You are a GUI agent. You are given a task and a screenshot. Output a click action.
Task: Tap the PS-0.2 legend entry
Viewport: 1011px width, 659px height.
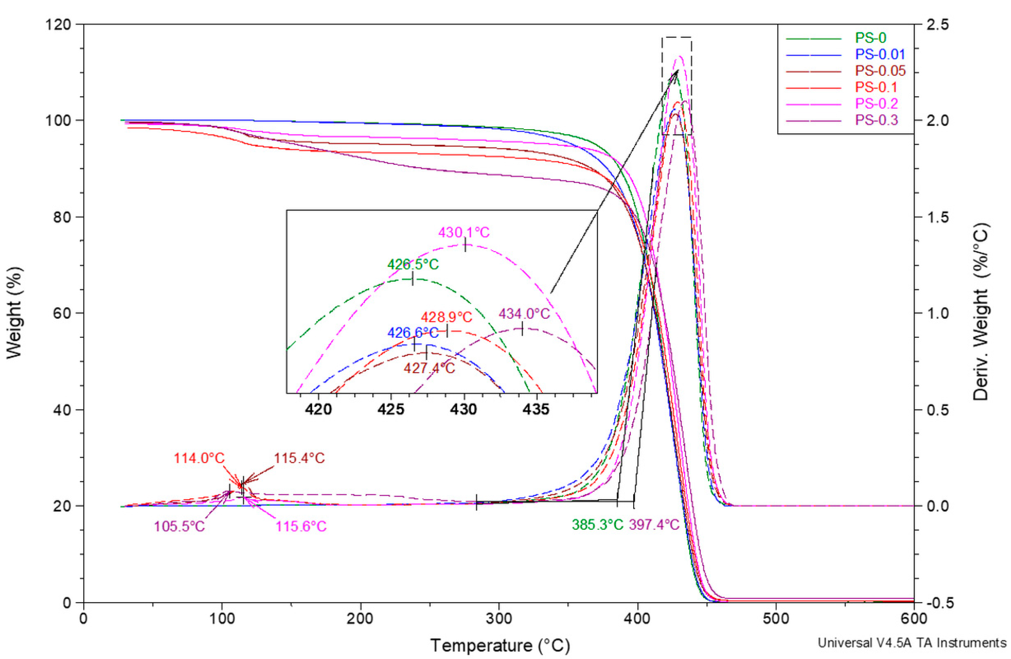[877, 104]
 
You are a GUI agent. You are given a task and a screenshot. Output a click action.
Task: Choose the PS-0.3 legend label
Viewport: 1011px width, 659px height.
[877, 120]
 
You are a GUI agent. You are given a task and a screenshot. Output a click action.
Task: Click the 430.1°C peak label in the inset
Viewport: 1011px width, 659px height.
[464, 233]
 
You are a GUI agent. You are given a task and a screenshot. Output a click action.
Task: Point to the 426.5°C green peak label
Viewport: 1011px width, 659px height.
[413, 264]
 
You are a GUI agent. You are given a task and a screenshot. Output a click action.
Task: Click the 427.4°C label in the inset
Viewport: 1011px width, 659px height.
[429, 368]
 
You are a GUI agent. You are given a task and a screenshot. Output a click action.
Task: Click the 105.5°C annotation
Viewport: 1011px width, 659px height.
[179, 526]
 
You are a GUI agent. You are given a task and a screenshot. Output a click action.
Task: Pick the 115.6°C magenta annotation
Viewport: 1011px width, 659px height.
[301, 526]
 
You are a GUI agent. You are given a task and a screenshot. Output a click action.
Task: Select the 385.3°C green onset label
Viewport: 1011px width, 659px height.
[597, 525]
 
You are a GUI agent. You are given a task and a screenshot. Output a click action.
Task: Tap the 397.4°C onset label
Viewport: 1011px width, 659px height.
[654, 525]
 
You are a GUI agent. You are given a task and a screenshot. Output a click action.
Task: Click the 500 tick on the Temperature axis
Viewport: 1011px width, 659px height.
[776, 618]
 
